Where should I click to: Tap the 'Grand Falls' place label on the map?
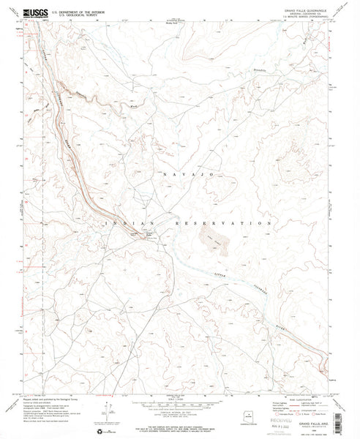(x=143, y=233)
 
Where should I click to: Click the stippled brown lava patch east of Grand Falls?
(x=216, y=235)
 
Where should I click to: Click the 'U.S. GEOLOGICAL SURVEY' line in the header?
(x=66, y=14)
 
